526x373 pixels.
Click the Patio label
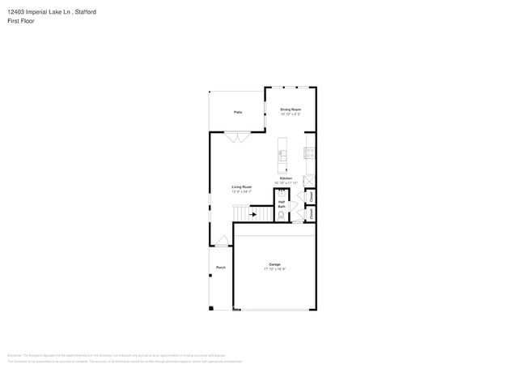click(x=238, y=112)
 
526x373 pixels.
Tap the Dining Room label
click(x=291, y=109)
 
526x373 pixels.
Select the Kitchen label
click(x=286, y=178)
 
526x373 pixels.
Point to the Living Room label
click(x=242, y=186)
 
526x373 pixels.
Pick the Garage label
click(x=274, y=264)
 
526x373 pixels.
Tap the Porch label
click(x=220, y=267)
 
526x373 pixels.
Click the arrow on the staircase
click(x=253, y=215)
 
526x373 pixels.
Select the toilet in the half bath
click(x=281, y=216)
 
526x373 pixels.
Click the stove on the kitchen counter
click(x=309, y=152)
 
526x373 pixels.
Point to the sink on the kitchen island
click(x=282, y=152)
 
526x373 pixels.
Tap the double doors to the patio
click(x=236, y=139)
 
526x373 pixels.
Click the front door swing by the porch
click(x=223, y=240)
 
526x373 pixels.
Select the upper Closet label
click(x=312, y=196)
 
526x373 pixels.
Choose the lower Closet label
click(x=312, y=214)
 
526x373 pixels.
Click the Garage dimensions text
click(x=274, y=268)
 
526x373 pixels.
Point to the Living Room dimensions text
click(x=242, y=191)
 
